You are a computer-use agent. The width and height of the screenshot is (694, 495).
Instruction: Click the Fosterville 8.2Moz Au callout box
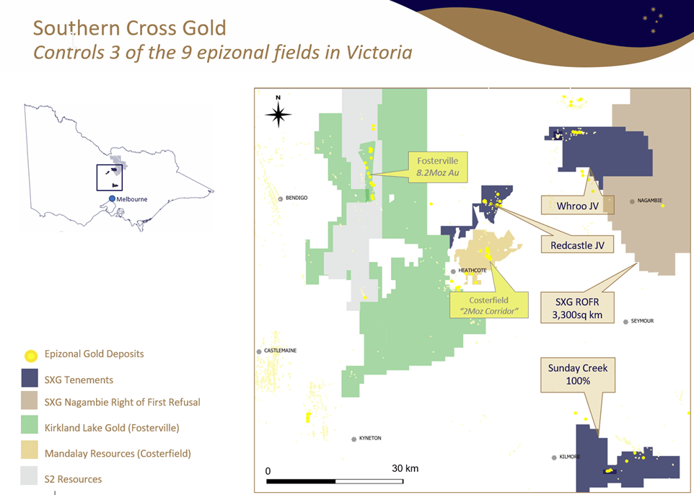tap(437, 167)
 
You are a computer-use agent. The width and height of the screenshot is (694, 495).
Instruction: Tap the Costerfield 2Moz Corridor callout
tap(489, 305)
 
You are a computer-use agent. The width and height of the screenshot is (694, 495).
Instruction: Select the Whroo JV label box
tap(578, 206)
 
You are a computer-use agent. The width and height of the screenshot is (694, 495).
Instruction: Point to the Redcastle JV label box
tap(578, 245)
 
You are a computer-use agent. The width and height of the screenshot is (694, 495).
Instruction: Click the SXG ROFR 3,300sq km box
tap(577, 308)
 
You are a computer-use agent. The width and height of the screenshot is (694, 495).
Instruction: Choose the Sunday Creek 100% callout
tap(578, 374)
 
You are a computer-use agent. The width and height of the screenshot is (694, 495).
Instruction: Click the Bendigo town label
tap(297, 198)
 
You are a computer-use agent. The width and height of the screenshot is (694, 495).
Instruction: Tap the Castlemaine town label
tap(280, 351)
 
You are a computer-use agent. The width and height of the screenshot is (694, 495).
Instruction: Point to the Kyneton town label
tap(370, 438)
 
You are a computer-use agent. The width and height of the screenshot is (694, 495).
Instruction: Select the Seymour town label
tap(642, 321)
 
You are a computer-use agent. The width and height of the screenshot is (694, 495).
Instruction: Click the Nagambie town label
tap(650, 201)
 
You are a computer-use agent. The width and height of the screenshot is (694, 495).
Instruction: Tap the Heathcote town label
tap(473, 271)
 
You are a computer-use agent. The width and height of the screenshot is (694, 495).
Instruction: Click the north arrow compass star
tap(278, 114)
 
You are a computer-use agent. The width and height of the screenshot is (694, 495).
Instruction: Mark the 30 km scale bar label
tap(405, 468)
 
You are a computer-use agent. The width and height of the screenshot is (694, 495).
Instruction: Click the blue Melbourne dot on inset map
tap(112, 199)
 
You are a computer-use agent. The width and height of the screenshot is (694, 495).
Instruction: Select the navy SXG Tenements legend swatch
tap(30, 378)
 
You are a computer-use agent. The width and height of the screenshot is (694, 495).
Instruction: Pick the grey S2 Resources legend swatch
tap(29, 476)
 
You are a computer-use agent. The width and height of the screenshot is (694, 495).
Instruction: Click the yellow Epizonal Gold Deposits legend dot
tap(30, 356)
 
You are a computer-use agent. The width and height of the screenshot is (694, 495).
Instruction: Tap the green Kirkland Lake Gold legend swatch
tap(30, 424)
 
